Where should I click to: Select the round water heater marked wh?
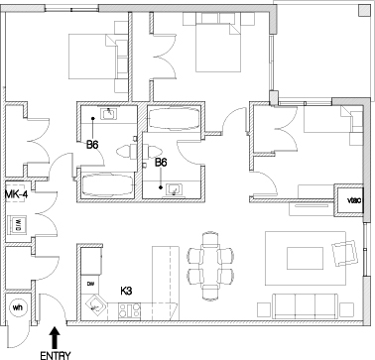pos(16,306)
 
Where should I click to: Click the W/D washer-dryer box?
pos(17,225)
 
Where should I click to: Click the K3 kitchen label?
pos(127,292)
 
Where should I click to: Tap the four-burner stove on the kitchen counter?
pos(130,310)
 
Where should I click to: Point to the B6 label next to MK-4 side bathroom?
pos(92,146)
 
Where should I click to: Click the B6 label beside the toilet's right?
pos(159,163)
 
